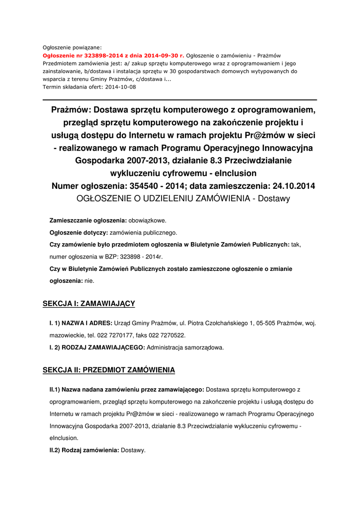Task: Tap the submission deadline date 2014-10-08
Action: pyautogui.click(x=119, y=87)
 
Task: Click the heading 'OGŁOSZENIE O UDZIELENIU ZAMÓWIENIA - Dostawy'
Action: pyautogui.click(x=183, y=198)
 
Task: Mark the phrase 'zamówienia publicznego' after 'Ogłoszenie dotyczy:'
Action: pyautogui.click(x=143, y=232)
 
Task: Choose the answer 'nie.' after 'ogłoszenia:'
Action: pyautogui.click(x=90, y=280)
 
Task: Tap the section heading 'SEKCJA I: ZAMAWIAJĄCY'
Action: pyautogui.click(x=89, y=303)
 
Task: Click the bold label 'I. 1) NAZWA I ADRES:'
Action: pyautogui.click(x=81, y=323)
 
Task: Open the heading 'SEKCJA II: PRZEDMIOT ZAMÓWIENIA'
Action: pyautogui.click(x=109, y=370)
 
